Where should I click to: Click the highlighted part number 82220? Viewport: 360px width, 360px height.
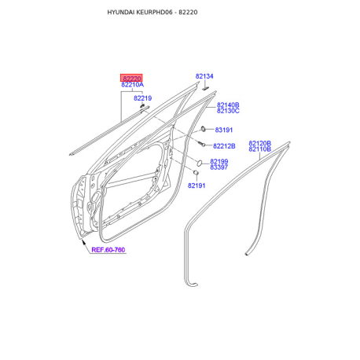(x=132, y=79)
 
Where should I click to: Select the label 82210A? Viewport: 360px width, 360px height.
(x=132, y=85)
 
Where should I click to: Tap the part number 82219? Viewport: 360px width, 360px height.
(x=142, y=98)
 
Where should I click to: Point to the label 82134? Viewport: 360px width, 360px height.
(x=204, y=76)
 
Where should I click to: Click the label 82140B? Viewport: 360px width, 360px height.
(x=228, y=105)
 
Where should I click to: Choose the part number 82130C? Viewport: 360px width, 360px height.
(x=228, y=111)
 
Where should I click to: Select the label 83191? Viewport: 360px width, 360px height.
(x=224, y=130)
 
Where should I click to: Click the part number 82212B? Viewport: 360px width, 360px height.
(x=224, y=146)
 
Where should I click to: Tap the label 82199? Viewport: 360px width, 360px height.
(x=219, y=161)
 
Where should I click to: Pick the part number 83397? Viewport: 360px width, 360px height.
(x=219, y=167)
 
